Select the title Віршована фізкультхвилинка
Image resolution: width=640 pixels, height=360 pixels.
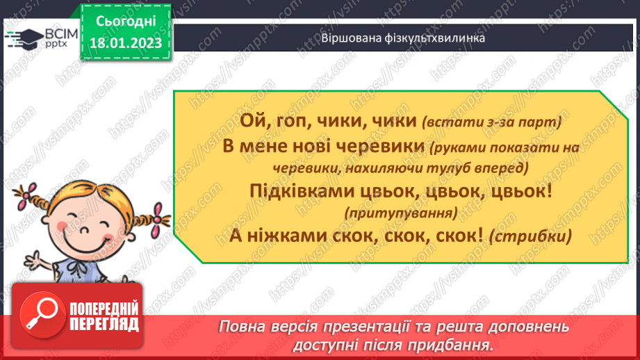click(x=403, y=38)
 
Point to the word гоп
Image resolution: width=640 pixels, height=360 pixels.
click(x=293, y=122)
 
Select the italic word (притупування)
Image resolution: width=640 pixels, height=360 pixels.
click(x=401, y=212)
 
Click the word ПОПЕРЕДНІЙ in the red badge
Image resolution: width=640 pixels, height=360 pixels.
click(x=104, y=309)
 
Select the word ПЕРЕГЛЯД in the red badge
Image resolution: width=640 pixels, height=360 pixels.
click(x=104, y=324)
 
